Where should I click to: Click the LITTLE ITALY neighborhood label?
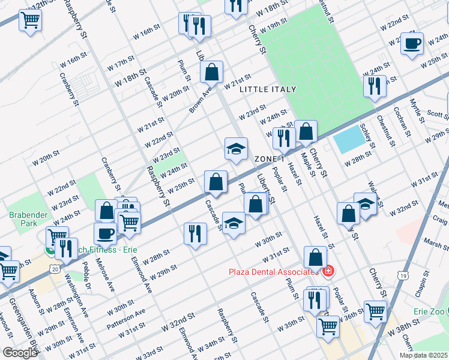tap(268, 89)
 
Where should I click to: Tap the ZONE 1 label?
tap(269, 159)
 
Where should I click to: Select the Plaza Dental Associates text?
tap(273, 272)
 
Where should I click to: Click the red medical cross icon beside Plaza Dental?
tap(328, 272)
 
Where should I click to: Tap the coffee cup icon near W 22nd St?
tap(412, 43)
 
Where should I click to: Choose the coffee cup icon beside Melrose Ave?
tap(105, 233)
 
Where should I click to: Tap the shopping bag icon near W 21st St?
tap(211, 72)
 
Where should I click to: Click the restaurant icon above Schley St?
tap(375, 85)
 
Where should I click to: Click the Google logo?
tap(20, 353)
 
